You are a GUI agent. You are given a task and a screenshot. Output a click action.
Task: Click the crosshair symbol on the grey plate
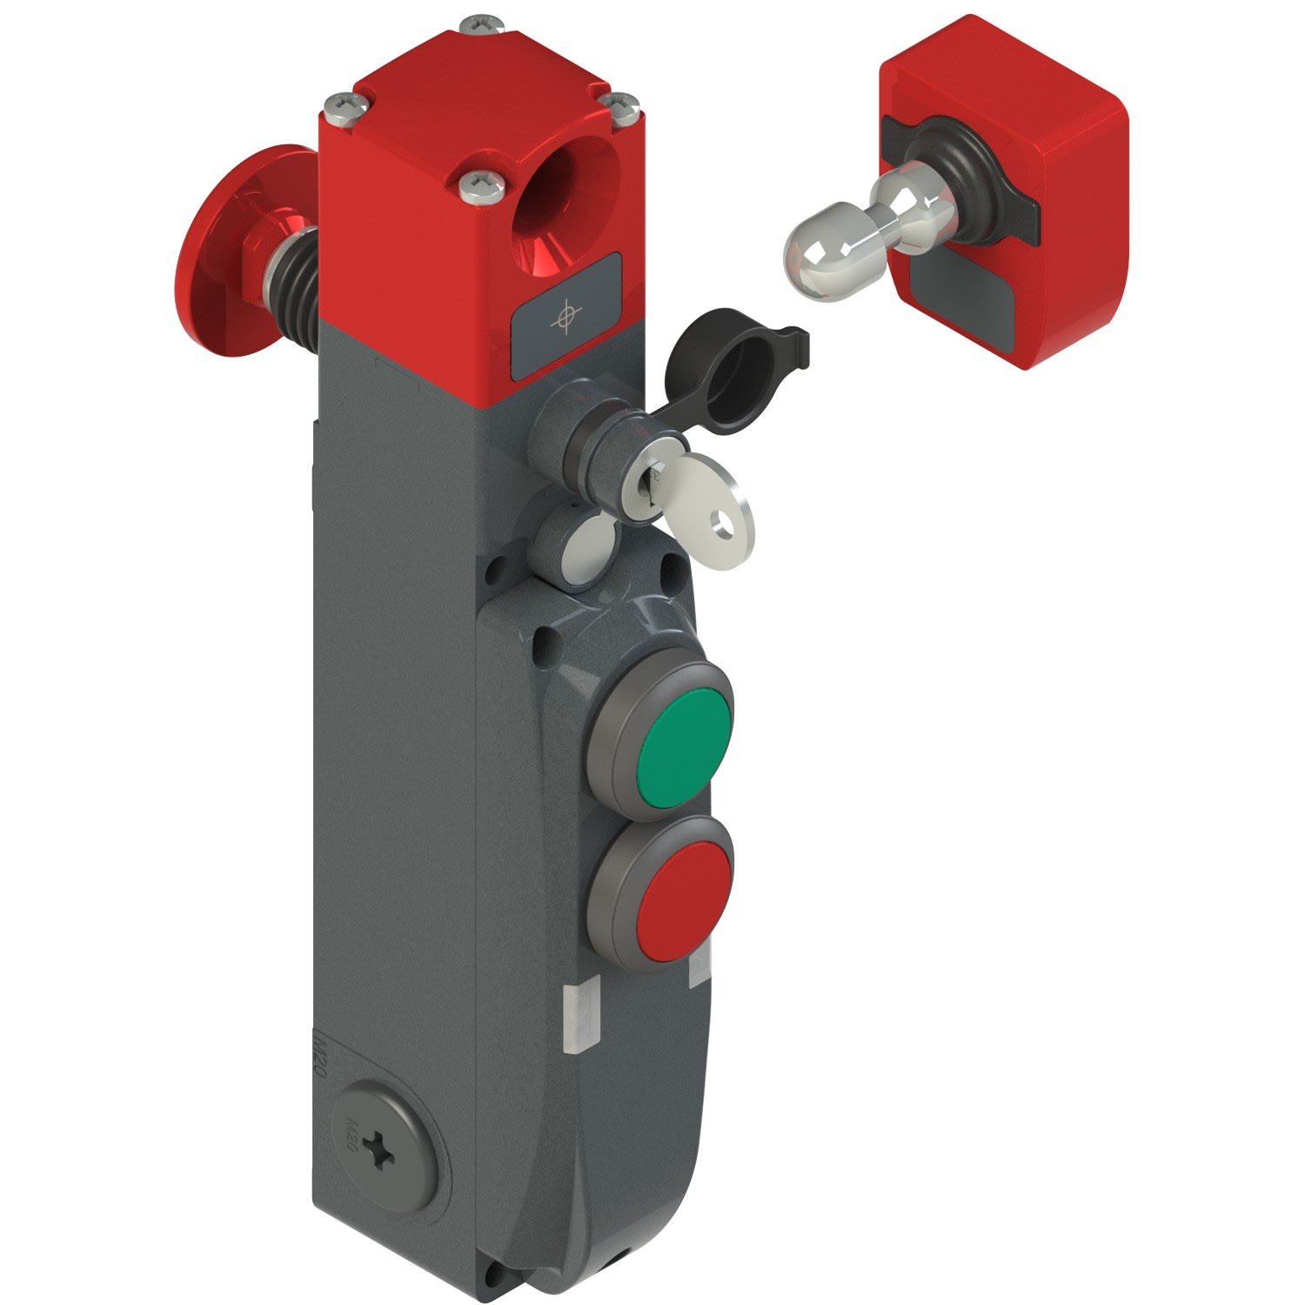(x=565, y=318)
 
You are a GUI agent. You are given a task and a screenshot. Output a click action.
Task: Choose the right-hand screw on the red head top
(x=623, y=104)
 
